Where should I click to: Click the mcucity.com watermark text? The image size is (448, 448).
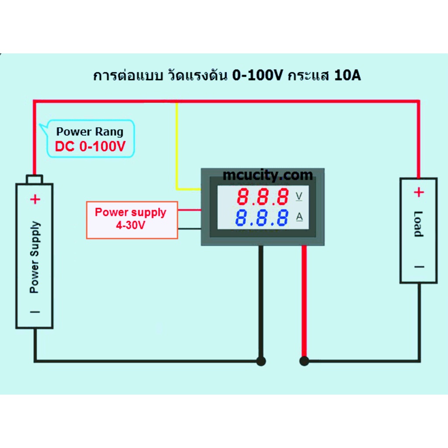(268, 175)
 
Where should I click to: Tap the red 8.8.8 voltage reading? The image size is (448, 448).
(263, 196)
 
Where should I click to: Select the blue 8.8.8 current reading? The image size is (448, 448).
(262, 218)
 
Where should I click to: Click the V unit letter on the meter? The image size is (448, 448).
(299, 196)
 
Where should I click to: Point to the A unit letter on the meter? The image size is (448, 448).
(299, 217)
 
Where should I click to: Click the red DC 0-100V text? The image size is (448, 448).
(90, 146)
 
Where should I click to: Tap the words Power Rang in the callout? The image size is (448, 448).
(90, 131)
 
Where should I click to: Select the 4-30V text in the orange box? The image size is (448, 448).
(130, 225)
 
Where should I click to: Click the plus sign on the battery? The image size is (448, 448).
(35, 199)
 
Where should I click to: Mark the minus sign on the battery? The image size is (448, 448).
(35, 312)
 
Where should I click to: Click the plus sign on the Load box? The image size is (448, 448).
(419, 192)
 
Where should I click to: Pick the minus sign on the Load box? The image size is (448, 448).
(420, 267)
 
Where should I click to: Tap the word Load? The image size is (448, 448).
(418, 224)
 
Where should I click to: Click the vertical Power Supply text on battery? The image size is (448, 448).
(35, 257)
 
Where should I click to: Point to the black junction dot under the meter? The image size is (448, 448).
(261, 361)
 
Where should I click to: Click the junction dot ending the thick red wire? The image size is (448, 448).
(304, 361)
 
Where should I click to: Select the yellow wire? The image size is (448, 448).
(177, 146)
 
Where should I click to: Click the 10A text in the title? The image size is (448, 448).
(347, 75)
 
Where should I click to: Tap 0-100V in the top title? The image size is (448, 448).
(257, 75)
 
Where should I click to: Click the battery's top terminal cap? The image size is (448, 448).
(35, 179)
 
